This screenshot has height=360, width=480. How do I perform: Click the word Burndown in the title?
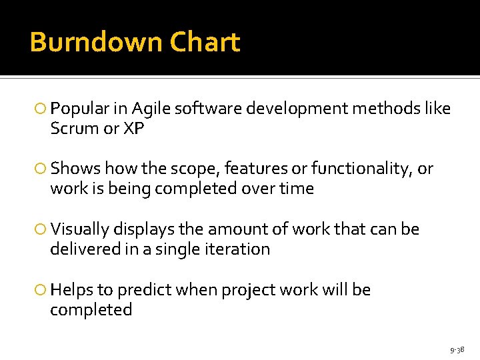click(96, 43)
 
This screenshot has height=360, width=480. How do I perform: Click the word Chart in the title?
click(205, 43)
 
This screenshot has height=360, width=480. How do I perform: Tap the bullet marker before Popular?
click(41, 109)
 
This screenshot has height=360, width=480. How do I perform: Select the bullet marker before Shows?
click(41, 169)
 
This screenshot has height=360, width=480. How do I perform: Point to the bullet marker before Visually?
click(41, 230)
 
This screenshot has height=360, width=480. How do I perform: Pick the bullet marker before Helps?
click(41, 291)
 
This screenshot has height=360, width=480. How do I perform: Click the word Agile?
click(151, 109)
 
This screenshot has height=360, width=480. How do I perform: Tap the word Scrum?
click(75, 129)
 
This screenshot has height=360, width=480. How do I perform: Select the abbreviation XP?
click(133, 129)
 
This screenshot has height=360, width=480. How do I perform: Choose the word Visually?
click(81, 230)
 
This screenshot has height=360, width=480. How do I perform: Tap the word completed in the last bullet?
click(91, 311)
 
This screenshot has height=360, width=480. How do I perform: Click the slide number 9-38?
click(457, 349)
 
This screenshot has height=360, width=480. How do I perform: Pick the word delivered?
click(81, 250)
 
